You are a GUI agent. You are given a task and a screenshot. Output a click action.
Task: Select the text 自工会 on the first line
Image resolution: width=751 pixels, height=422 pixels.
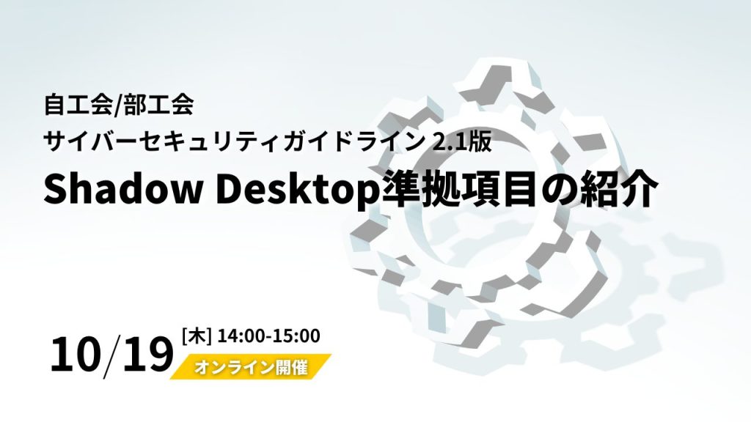(78, 105)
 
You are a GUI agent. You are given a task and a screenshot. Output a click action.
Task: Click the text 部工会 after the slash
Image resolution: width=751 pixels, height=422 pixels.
(159, 105)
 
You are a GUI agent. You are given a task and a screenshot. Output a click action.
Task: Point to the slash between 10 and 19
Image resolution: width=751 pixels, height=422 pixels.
(112, 357)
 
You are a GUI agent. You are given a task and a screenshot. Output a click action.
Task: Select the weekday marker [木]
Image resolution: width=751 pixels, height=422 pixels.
(197, 336)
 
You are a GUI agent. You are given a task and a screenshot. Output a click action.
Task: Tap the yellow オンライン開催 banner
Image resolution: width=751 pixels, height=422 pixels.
(251, 367)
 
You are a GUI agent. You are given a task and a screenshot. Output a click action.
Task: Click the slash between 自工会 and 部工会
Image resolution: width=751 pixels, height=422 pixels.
(118, 105)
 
